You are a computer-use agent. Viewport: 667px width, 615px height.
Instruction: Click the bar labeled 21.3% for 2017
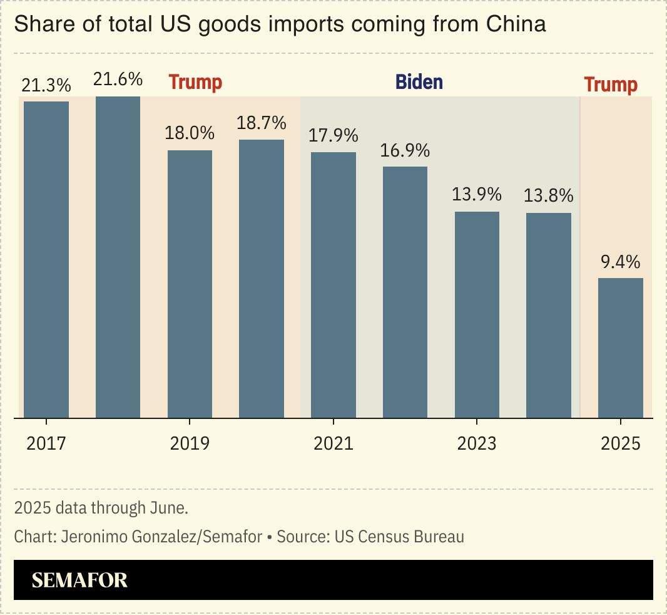coord(46,259)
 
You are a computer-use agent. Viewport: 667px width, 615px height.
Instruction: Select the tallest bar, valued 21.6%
coord(118,257)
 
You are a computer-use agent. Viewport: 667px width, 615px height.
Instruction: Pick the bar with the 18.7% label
coord(262,279)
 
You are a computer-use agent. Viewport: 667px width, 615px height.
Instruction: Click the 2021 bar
coord(333,285)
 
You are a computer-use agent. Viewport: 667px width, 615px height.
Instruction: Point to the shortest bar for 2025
coord(621,348)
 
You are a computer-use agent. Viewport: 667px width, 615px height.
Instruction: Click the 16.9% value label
coord(405,151)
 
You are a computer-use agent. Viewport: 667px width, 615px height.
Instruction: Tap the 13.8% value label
coord(548,196)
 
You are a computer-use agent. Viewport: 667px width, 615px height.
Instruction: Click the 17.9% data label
coord(333,136)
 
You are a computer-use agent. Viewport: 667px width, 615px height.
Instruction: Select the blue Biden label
coord(419,82)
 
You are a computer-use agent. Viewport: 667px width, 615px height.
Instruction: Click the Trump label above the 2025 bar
coord(611,85)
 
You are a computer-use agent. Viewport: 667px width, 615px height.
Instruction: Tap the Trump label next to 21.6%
coord(196,82)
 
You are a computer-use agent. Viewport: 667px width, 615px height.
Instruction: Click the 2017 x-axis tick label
coord(46,443)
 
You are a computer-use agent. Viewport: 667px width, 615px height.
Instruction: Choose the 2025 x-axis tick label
coord(621,443)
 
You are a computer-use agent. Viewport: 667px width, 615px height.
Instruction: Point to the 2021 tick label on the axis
coord(333,443)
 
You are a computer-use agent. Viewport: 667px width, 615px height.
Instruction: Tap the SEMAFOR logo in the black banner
coord(79,580)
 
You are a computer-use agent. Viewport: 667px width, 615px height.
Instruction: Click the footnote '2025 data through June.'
coord(101,508)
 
